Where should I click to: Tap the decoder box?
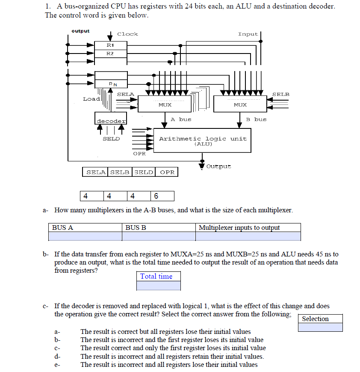click(111, 121)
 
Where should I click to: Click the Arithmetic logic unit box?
click(203, 140)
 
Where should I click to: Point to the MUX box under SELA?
click(165, 104)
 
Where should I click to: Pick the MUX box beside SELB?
click(240, 104)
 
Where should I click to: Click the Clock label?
click(127, 34)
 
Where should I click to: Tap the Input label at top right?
click(248, 34)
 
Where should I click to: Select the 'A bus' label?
click(181, 119)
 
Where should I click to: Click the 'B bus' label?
click(256, 119)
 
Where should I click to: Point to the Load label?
click(91, 99)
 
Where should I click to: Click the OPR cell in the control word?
click(167, 172)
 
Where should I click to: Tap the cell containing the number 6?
click(162, 196)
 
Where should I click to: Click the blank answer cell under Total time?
click(159, 286)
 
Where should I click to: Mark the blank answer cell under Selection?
click(320, 327)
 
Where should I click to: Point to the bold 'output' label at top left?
click(80, 31)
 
